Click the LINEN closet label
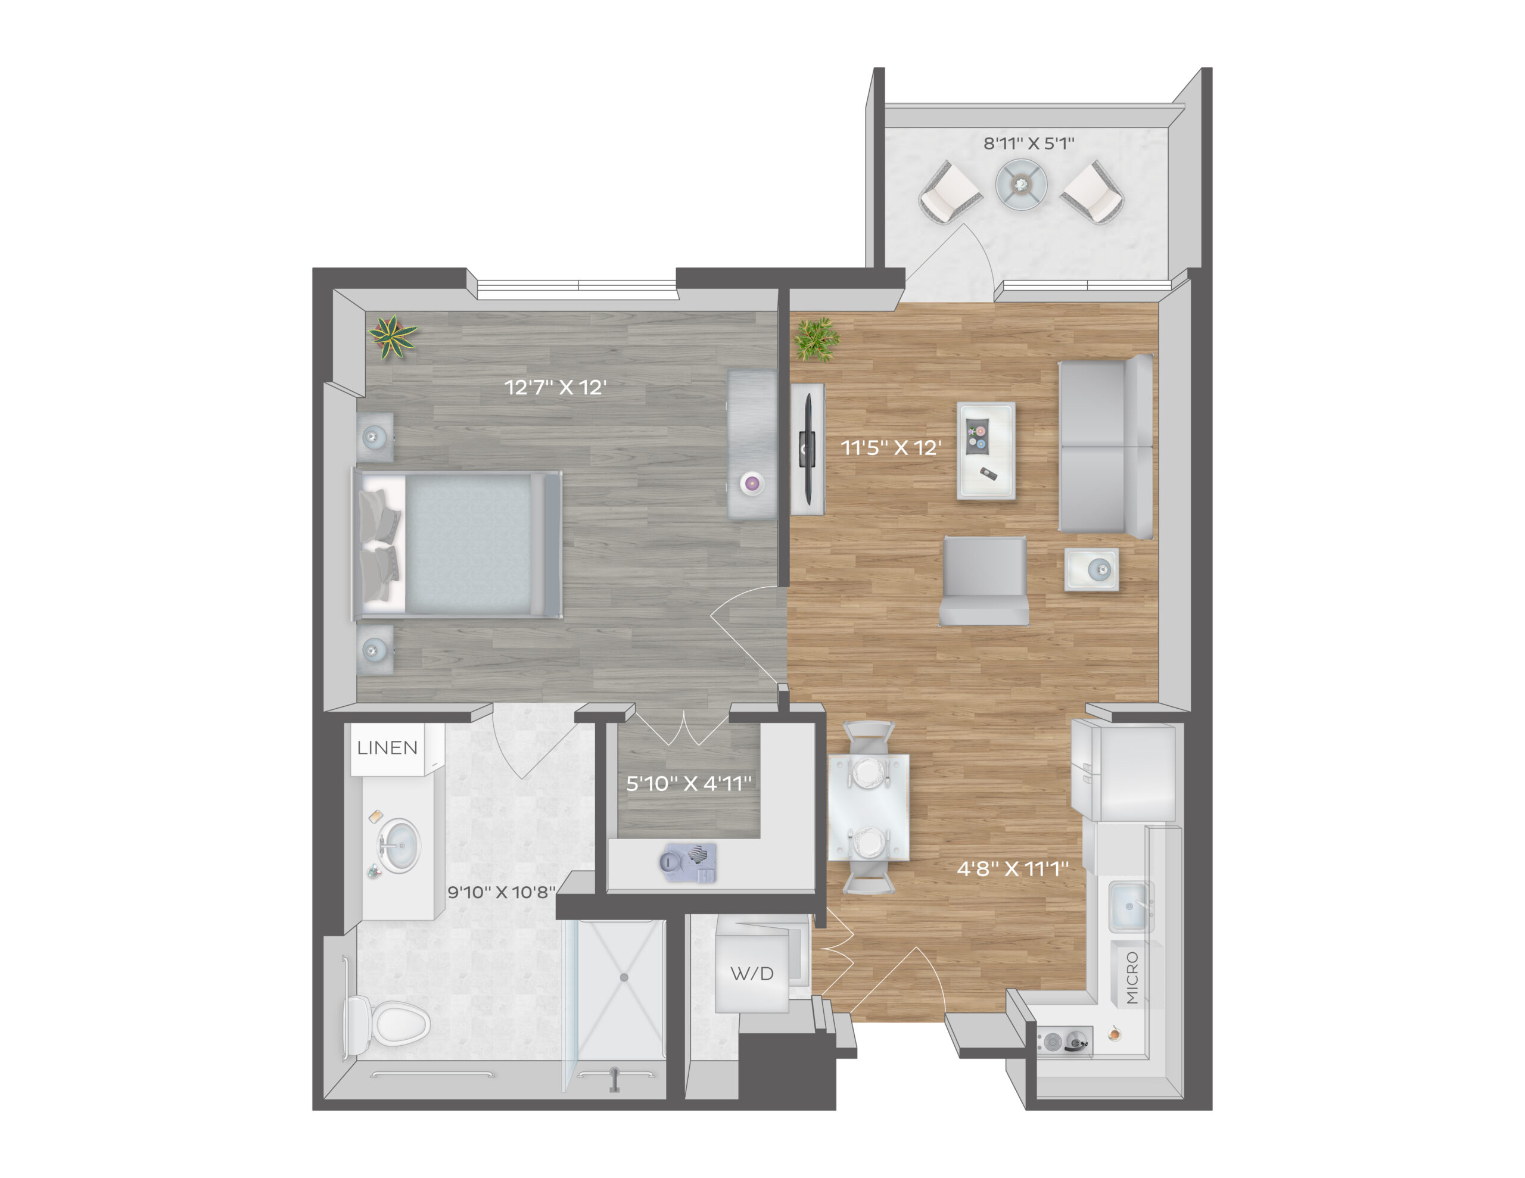click(x=388, y=748)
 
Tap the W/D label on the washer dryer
click(x=752, y=973)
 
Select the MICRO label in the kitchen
click(x=1132, y=977)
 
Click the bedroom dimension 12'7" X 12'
click(x=555, y=388)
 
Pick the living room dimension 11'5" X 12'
click(x=891, y=448)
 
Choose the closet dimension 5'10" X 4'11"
click(x=689, y=784)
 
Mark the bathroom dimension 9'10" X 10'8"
click(x=502, y=892)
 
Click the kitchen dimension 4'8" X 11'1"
click(x=1013, y=869)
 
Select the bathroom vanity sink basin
click(x=399, y=846)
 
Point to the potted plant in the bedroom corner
click(x=393, y=336)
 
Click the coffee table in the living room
click(x=986, y=450)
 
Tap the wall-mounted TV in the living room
click(x=808, y=449)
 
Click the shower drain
click(x=624, y=977)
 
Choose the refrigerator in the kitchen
click(x=1123, y=770)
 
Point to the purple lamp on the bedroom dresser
click(x=752, y=482)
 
